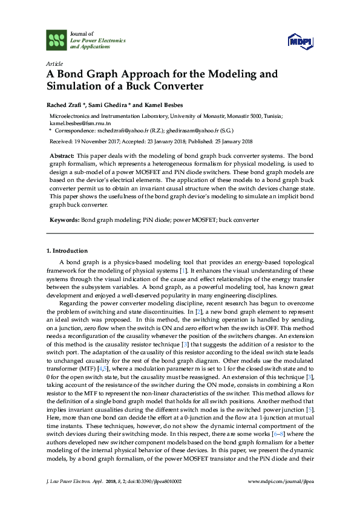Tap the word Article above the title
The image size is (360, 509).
point(54,63)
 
